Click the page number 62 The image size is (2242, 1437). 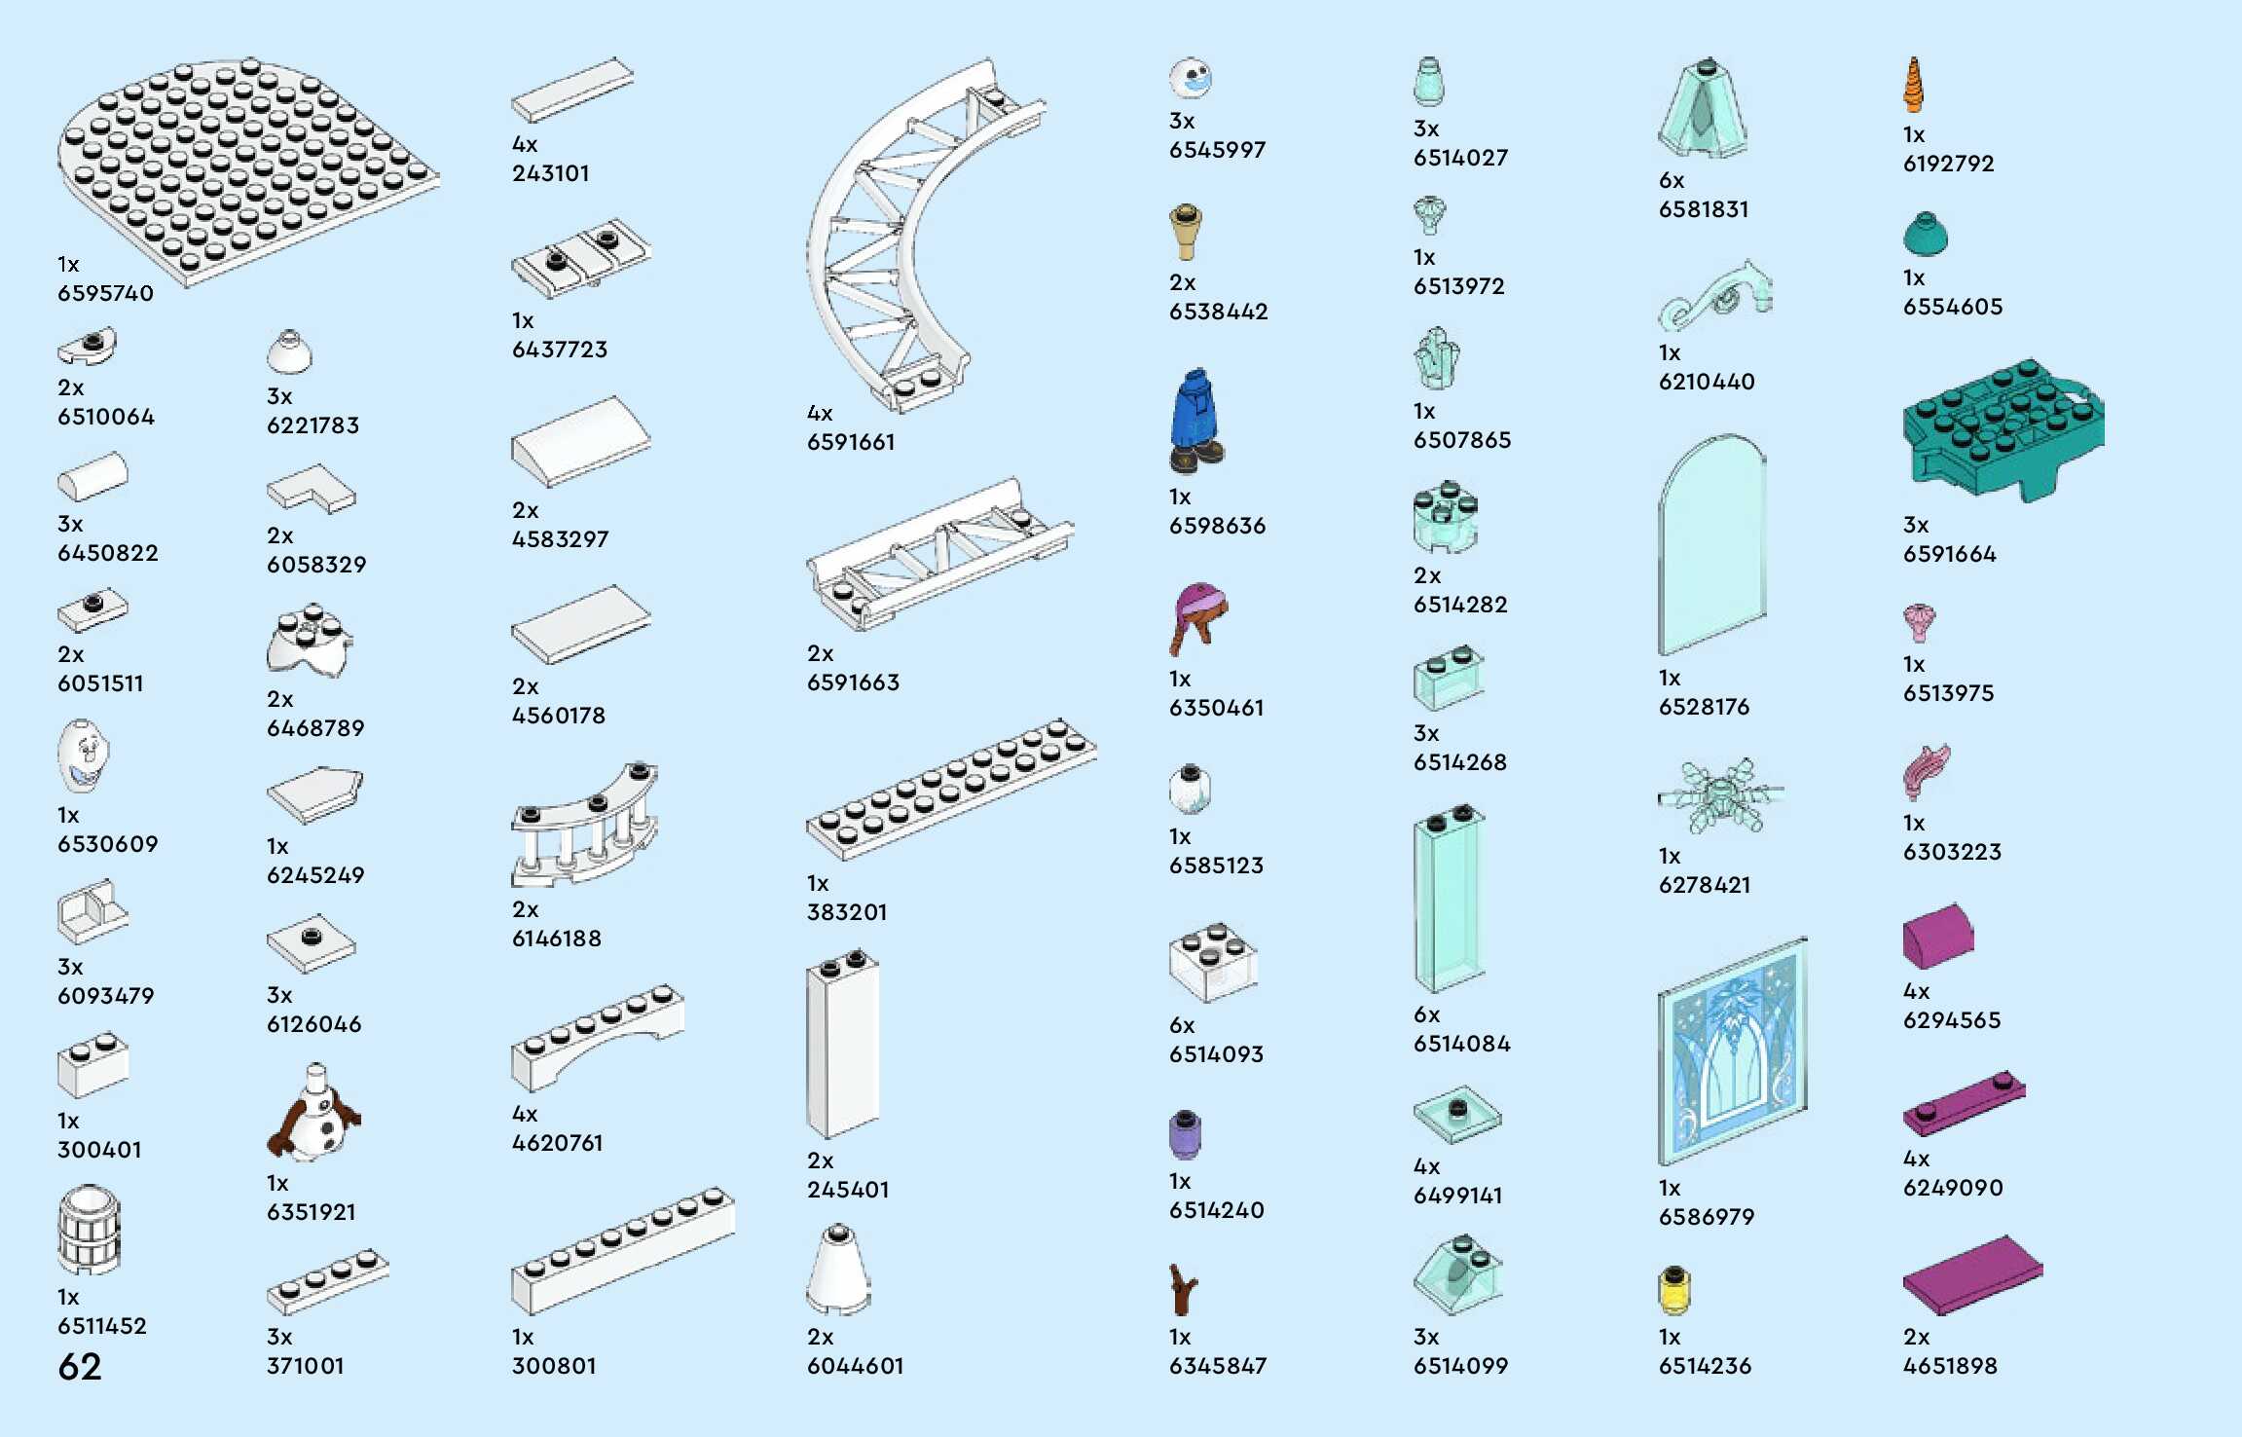click(80, 1367)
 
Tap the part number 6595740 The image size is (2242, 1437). click(105, 293)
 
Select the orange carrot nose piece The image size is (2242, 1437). click(1913, 86)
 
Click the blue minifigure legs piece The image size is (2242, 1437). click(1195, 422)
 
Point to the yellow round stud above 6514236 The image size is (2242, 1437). click(1673, 1290)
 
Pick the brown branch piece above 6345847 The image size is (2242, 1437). click(1184, 1290)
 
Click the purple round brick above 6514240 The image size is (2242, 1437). click(1185, 1134)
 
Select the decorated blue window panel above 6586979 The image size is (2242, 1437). click(1733, 1051)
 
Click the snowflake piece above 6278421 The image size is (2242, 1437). click(1720, 796)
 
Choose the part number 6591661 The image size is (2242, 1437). click(851, 442)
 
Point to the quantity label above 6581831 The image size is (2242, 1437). click(1672, 180)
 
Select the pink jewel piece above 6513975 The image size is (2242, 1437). click(1919, 622)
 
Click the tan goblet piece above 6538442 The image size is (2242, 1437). click(1185, 232)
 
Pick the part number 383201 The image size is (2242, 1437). click(847, 912)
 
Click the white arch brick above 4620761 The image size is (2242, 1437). click(596, 1037)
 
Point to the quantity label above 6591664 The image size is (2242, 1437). click(1915, 525)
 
